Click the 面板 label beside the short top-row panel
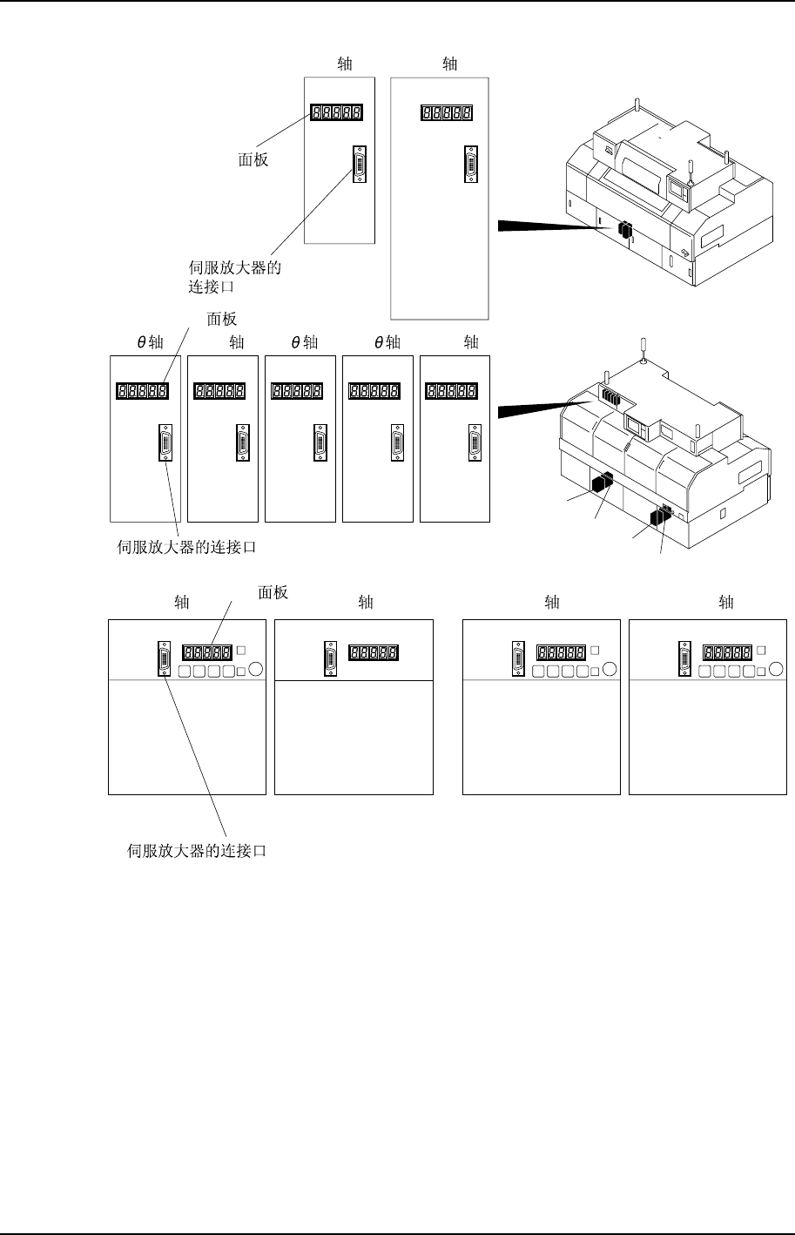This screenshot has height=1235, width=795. tap(253, 160)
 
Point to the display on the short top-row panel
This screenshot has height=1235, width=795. tap(335, 112)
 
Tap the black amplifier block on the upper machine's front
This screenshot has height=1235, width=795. tap(624, 230)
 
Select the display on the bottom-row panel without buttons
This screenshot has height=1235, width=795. tap(374, 651)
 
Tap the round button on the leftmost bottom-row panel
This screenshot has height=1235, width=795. tap(255, 670)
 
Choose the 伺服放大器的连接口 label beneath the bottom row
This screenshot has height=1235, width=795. tap(197, 852)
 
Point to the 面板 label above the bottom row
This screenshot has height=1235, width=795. tap(273, 593)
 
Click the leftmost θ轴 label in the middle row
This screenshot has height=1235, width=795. tap(151, 343)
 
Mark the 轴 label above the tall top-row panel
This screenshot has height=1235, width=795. tap(450, 64)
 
